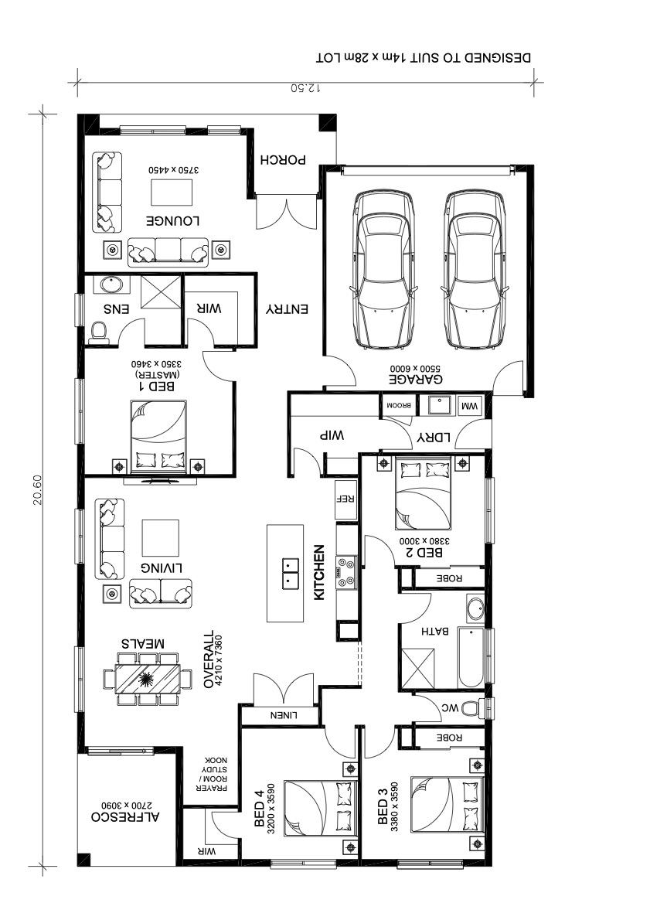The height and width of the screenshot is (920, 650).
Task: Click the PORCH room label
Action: [x=284, y=159]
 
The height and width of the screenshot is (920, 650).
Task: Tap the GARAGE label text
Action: [x=416, y=379]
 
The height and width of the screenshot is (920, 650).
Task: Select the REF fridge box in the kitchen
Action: [x=345, y=499]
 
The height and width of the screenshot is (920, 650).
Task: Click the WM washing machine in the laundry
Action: [x=470, y=406]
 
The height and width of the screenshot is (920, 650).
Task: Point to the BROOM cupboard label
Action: [x=398, y=405]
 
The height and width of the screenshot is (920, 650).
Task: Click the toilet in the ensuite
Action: [x=100, y=332]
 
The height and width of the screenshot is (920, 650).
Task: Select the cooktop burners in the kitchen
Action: [x=345, y=572]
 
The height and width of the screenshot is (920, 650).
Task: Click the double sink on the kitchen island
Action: [x=290, y=573]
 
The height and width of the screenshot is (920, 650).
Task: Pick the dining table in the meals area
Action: [x=148, y=680]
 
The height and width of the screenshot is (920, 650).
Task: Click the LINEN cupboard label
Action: [x=284, y=715]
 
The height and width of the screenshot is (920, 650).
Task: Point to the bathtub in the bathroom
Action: [x=471, y=659]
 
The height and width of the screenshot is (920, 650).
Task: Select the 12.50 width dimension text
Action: [x=305, y=88]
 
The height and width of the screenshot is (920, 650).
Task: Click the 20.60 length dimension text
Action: [x=37, y=489]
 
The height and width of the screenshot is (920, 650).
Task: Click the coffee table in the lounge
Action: [x=172, y=193]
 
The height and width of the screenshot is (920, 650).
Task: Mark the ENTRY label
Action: [x=287, y=308]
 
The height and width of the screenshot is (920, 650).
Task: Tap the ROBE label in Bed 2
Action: [x=449, y=578]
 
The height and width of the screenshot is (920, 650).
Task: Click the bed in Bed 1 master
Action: [x=158, y=435]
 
